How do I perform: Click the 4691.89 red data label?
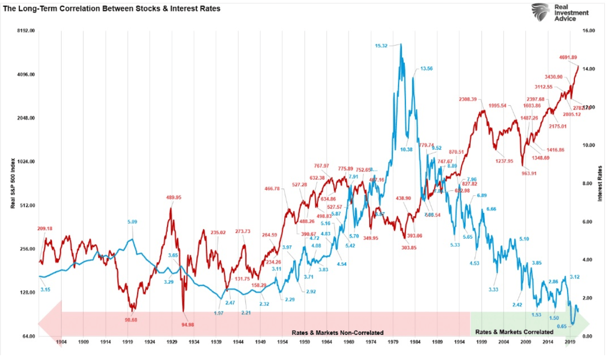pos(568,57)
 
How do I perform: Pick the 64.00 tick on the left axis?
pos(28,336)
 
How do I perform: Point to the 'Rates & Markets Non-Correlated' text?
pos(337,332)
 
